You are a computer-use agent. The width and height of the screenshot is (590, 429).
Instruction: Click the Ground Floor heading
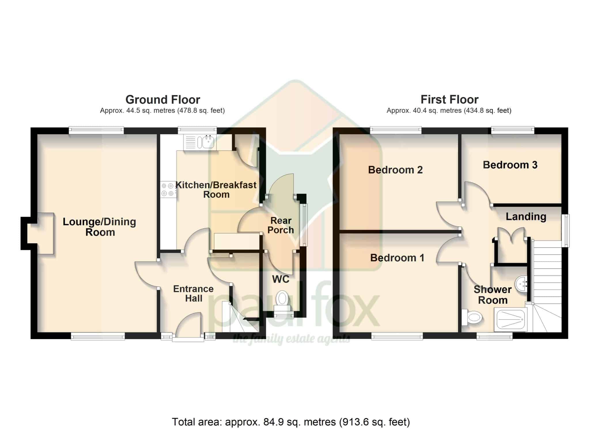tap(163, 100)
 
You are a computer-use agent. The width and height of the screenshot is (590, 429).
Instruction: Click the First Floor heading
tap(449, 100)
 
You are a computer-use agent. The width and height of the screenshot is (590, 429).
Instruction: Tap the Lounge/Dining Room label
tap(99, 227)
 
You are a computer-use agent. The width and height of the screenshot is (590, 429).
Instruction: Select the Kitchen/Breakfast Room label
tap(216, 190)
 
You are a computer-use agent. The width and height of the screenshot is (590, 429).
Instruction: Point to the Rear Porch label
tap(281, 225)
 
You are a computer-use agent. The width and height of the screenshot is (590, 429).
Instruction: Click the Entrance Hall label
tap(193, 294)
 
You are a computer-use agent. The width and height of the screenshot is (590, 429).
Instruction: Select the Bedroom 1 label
tap(397, 258)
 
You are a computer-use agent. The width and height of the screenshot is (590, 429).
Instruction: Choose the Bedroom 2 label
tap(395, 170)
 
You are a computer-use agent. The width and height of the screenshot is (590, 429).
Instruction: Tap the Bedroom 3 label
tap(510, 165)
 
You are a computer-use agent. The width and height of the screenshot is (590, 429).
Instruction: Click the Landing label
tap(526, 217)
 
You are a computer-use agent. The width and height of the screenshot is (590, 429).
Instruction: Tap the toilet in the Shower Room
tap(472, 318)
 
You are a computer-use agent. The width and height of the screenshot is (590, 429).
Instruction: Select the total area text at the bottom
tap(291, 422)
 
